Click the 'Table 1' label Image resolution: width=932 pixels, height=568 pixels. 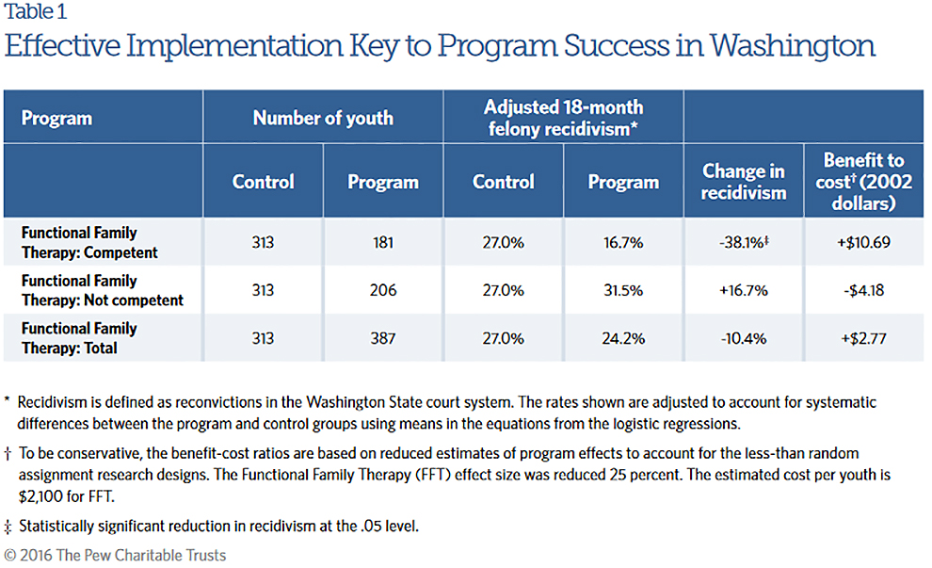[x=35, y=12]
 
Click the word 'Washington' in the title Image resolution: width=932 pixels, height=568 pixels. [x=793, y=45]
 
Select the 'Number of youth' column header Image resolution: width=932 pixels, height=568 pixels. [x=323, y=118]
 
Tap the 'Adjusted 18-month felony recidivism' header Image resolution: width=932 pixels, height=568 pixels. [x=563, y=118]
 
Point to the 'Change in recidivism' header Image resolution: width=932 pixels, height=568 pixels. [x=744, y=182]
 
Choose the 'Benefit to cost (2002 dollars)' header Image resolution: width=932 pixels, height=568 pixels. [x=864, y=181]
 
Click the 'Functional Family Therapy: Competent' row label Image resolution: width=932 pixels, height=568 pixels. [x=89, y=242]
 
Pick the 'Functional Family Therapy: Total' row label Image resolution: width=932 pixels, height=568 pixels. [x=79, y=337]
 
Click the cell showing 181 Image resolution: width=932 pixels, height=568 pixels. [x=382, y=242]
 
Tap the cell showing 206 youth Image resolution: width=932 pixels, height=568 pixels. [x=382, y=290]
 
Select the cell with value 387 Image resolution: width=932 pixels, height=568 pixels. [x=382, y=337]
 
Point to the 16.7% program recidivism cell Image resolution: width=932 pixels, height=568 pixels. [x=623, y=242]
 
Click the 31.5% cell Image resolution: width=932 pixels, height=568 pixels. [x=623, y=290]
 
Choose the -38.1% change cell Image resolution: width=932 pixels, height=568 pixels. [x=743, y=242]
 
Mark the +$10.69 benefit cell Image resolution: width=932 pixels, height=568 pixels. [x=864, y=242]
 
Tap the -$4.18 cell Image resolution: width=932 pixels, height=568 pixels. [x=864, y=290]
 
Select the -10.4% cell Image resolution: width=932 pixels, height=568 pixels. [x=743, y=337]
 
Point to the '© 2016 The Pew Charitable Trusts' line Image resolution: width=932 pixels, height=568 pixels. [x=115, y=555]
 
